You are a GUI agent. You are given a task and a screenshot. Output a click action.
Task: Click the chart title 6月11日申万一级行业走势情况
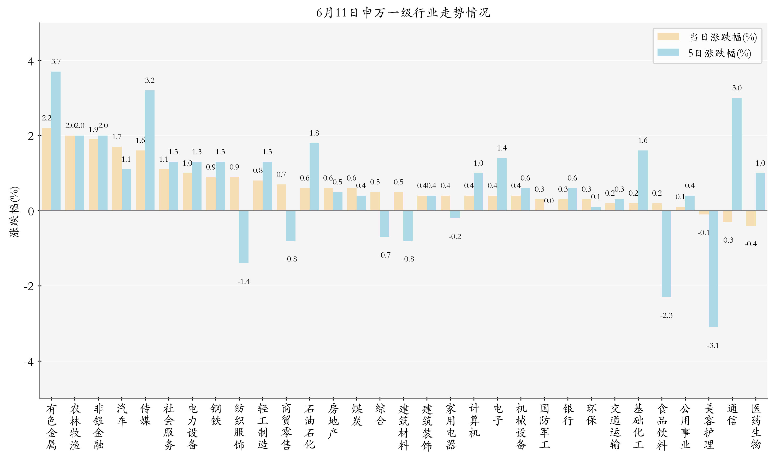pos(403,13)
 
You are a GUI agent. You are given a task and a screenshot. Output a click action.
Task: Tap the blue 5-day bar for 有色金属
pos(56,141)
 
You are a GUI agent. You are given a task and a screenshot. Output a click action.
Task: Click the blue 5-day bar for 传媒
pos(150,150)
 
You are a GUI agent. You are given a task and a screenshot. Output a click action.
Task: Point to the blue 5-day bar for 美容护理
pos(713,269)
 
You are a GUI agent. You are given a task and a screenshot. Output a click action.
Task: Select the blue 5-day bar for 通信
pos(737,154)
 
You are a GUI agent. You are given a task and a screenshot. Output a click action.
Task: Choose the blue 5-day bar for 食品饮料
pos(666,254)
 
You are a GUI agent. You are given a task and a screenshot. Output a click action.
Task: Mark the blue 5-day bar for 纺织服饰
pos(244,237)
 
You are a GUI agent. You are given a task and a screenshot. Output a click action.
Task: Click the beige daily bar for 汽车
pos(117,179)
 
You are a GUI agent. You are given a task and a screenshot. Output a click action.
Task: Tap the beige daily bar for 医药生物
pos(750,218)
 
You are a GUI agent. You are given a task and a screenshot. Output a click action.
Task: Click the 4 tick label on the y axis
pos(31,61)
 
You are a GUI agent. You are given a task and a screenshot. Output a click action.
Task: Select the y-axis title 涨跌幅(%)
pos(15,211)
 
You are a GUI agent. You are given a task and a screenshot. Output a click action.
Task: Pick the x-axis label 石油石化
pos(309,427)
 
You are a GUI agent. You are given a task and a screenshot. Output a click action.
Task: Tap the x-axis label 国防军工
pos(544,427)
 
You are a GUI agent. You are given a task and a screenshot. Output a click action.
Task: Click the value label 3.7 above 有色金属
pos(56,61)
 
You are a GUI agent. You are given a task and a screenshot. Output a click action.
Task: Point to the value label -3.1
pos(713,346)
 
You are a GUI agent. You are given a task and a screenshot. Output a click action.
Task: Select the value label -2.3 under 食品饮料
pos(666,316)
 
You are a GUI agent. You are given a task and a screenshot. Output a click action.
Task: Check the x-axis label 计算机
pos(474,420)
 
